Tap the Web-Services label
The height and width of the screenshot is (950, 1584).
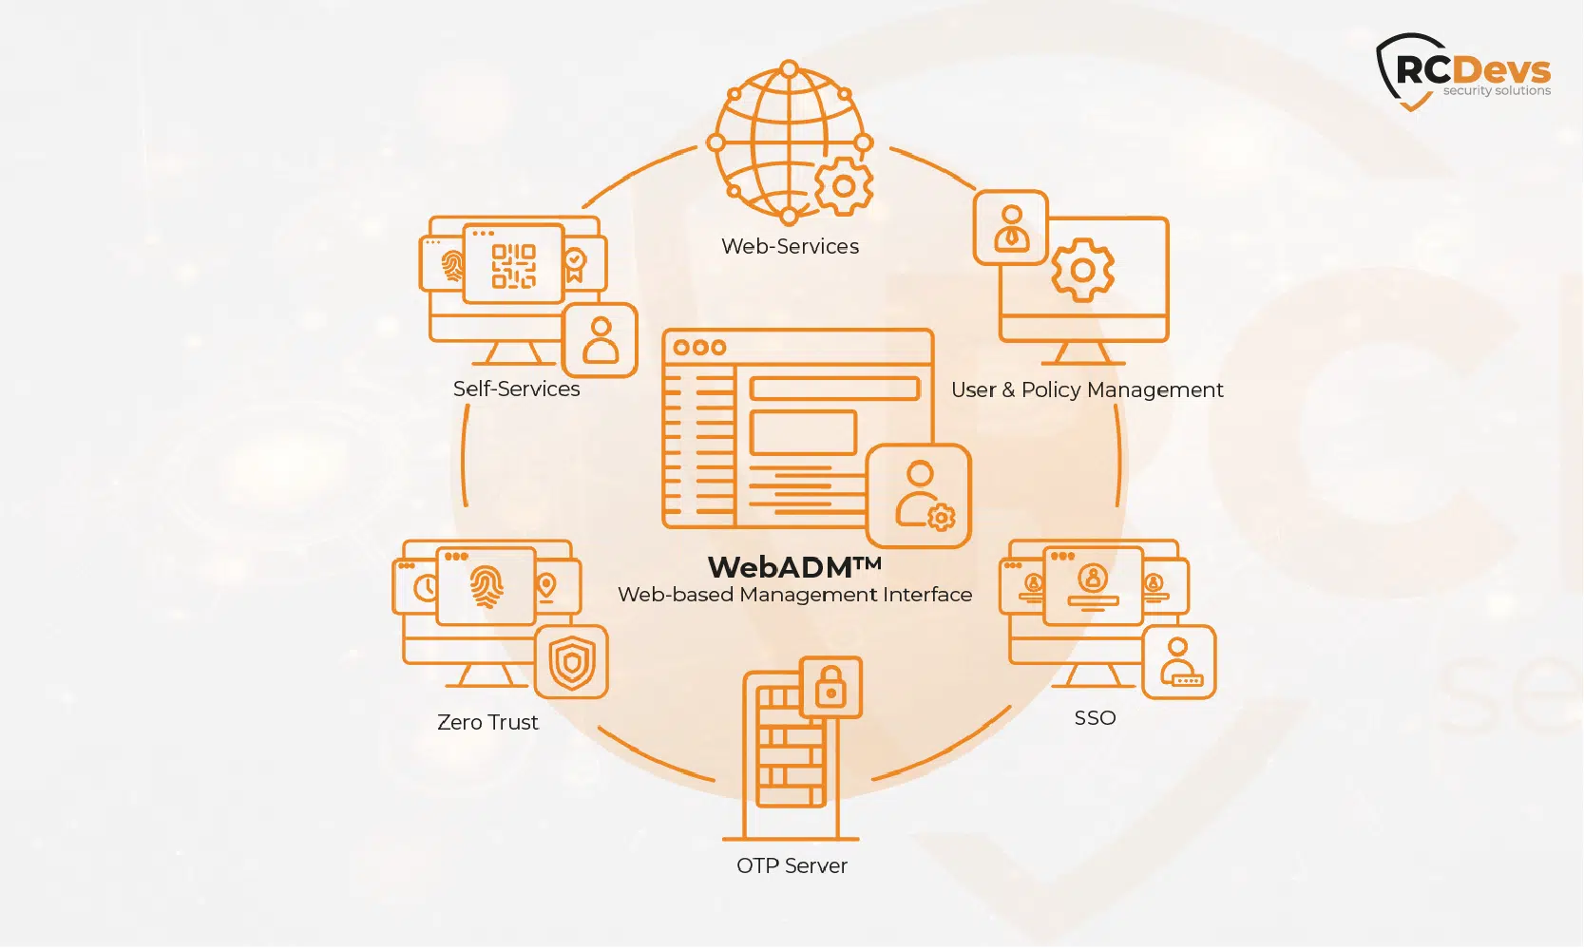coord(790,247)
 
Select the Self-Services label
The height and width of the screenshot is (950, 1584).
coord(516,389)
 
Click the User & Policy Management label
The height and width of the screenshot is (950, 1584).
coord(1087,390)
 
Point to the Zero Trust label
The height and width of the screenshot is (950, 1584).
coord(487,723)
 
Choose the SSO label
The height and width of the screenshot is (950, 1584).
coord(1095,718)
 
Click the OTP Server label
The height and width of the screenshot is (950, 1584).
coord(792,866)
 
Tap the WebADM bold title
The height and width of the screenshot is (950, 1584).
coord(794,567)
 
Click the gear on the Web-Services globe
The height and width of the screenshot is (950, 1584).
coord(844,186)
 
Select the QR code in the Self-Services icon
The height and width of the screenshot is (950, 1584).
coord(513,265)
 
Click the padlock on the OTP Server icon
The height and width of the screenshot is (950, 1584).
coord(831,686)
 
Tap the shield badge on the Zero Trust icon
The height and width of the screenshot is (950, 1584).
coord(571,662)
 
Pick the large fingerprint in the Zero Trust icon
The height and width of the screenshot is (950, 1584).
coord(486,587)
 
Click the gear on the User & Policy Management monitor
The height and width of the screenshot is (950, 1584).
coord(1082,271)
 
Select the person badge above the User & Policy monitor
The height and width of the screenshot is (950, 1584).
coord(1011,228)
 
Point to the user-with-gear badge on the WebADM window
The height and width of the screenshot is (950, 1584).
coord(919,496)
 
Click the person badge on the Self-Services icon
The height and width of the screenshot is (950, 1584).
coord(600,340)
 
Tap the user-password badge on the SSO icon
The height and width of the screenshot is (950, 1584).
coord(1178,662)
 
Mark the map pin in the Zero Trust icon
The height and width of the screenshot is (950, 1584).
coord(546,585)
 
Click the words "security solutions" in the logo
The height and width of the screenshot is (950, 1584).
coord(1497,91)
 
